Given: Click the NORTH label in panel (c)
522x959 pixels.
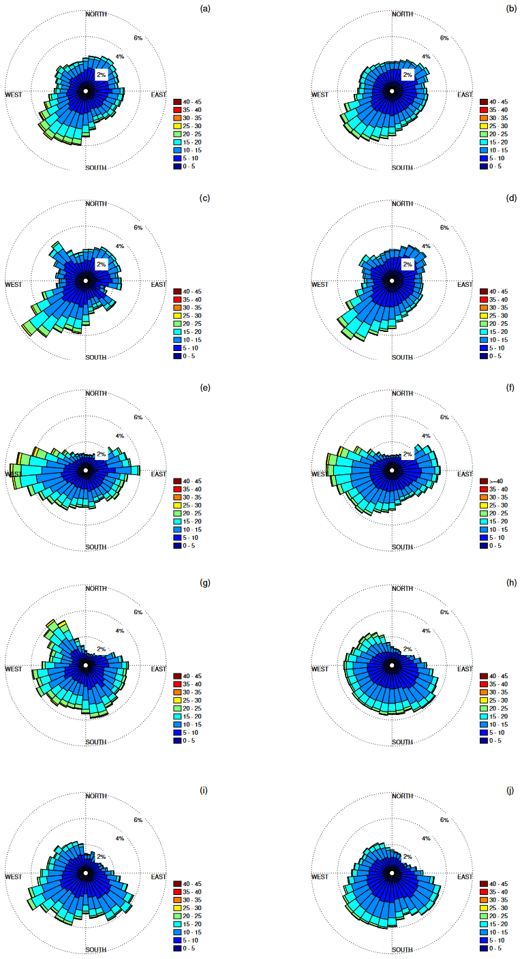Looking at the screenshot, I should coord(96,204).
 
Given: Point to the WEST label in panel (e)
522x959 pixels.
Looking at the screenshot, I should coord(14,474).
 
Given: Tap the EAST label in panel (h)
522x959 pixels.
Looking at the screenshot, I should coord(465,669).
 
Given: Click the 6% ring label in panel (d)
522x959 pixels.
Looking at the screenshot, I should coord(444,228).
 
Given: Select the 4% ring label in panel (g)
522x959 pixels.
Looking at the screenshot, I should coord(119,631).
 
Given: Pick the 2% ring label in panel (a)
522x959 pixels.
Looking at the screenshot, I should coord(101,74).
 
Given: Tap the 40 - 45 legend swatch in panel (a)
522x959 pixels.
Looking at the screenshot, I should coord(176,102).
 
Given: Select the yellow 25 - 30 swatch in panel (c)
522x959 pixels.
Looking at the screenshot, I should coord(176,316).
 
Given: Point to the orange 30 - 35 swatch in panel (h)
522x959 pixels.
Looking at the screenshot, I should coord(483,692).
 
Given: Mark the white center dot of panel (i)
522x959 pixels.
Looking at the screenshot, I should coord(86,872).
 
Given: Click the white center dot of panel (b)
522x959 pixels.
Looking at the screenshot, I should coord(392,91).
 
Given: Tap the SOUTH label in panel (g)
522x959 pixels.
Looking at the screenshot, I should coord(96,742).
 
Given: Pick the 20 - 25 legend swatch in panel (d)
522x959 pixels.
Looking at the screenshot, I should coord(483,324).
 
